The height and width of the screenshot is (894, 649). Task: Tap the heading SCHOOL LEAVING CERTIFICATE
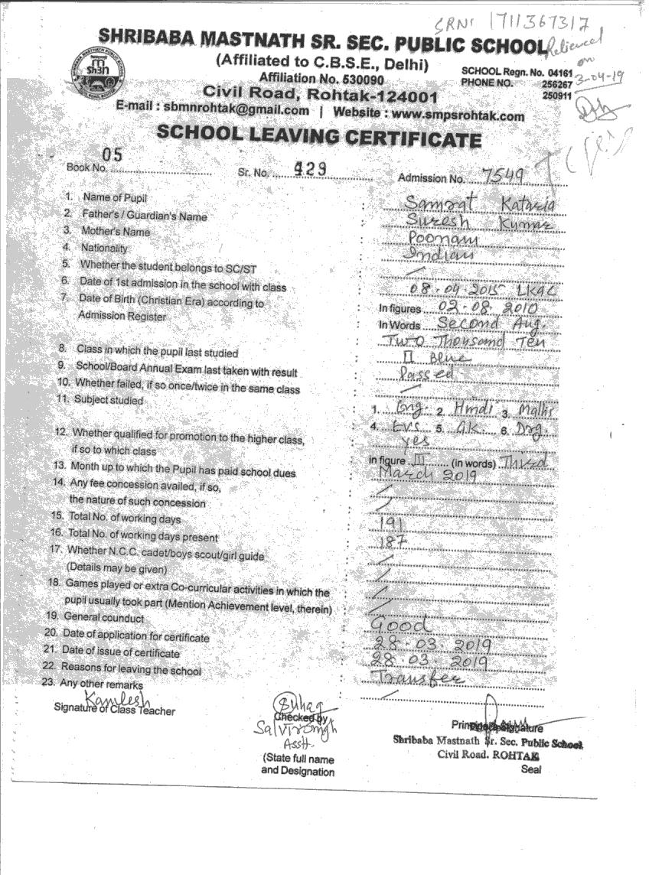319,136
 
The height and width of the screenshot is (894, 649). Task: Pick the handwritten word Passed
427,374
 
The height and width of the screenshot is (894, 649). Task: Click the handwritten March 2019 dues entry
428,474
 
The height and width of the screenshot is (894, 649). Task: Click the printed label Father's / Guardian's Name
145,216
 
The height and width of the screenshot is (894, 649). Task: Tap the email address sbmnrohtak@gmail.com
236,109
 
